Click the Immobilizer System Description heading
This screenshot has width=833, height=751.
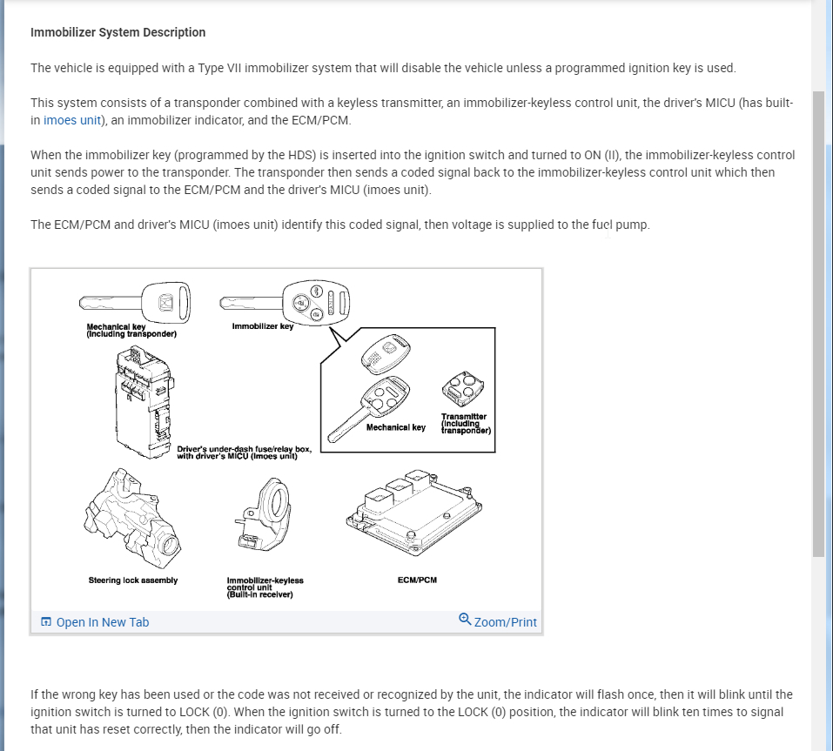coord(118,32)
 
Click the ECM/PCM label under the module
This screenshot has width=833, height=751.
coord(416,580)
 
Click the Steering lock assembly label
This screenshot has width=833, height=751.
coord(132,580)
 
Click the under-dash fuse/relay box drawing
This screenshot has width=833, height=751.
coord(144,398)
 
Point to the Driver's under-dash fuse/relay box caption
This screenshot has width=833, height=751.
coord(244,453)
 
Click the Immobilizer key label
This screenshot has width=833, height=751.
coord(263,326)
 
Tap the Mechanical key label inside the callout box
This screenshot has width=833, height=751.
coord(396,427)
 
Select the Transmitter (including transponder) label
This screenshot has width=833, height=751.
coord(466,424)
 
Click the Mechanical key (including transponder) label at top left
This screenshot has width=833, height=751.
coord(131,330)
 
